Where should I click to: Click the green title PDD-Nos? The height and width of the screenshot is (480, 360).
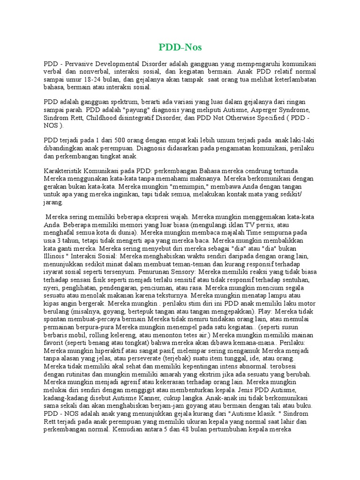coord(180,47)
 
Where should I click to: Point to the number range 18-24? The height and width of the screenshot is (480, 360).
coord(97,79)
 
